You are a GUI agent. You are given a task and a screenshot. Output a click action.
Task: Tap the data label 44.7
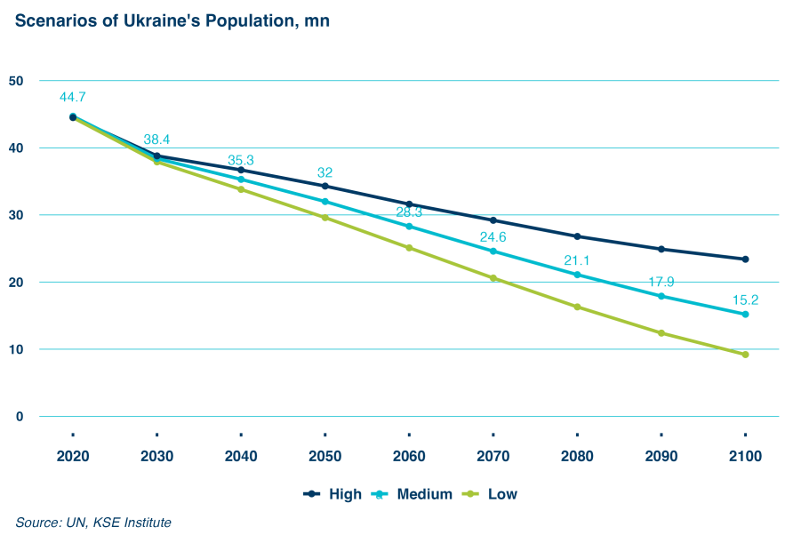click(72, 97)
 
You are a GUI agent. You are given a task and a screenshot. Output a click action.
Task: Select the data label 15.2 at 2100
click(745, 299)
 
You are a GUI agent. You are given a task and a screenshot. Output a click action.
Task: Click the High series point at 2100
click(745, 260)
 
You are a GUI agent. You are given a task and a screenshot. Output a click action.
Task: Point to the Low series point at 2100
click(745, 355)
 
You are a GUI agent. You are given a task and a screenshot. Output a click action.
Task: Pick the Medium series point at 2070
click(493, 252)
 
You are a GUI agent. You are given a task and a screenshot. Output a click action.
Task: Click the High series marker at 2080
click(577, 236)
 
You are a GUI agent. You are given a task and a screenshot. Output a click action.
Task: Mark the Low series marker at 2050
click(324, 218)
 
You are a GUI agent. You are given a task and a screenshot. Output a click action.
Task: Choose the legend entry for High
click(333, 494)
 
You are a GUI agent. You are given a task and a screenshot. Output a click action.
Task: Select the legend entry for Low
click(491, 494)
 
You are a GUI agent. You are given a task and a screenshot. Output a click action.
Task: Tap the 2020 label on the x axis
click(72, 456)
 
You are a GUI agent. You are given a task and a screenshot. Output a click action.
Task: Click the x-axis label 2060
click(409, 456)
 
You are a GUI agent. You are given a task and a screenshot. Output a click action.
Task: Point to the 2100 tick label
click(745, 456)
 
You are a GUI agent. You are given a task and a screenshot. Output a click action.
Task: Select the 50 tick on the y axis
click(15, 81)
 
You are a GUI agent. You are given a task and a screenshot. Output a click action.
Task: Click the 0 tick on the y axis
click(19, 417)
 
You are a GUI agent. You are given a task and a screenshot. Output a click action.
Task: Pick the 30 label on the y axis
click(15, 215)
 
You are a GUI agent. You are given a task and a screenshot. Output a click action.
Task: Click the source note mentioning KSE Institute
click(92, 523)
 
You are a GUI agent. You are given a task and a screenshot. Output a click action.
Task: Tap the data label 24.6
click(493, 236)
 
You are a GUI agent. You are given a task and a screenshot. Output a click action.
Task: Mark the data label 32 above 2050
click(324, 172)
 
